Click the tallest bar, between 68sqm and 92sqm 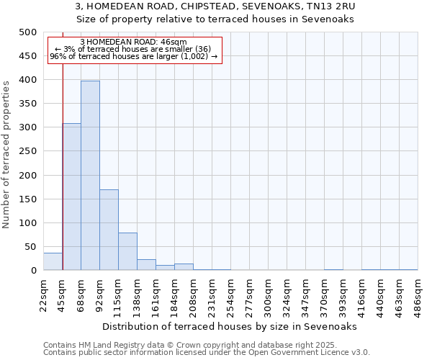tap(90, 176)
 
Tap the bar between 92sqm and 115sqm tap(109, 230)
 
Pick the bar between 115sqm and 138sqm tap(127, 251)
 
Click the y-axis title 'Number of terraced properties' tap(6, 154)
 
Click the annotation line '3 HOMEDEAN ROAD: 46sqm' tap(134, 42)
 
